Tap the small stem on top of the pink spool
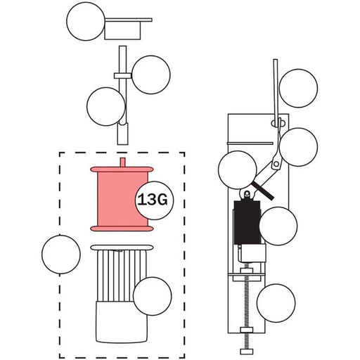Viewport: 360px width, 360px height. click(122, 162)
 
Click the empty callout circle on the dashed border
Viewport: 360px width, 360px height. click(61, 255)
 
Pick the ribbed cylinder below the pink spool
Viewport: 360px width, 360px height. click(122, 276)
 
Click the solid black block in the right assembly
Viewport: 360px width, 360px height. click(247, 222)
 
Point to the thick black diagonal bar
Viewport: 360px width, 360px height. click(262, 191)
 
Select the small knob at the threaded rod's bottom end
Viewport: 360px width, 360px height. click(247, 352)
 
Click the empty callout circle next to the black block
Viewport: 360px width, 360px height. click(278, 226)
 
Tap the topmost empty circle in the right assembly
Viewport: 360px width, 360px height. click(298, 89)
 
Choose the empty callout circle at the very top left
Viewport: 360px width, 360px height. click(86, 21)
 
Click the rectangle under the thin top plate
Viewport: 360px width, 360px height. click(122, 30)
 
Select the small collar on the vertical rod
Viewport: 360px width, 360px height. click(122, 76)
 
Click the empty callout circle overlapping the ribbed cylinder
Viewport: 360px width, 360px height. click(153, 296)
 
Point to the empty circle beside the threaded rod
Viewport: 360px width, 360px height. click(276, 303)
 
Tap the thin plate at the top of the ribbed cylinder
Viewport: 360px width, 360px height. click(122, 247)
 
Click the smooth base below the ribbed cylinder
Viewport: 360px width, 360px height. click(122, 322)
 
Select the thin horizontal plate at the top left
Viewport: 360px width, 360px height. click(129, 20)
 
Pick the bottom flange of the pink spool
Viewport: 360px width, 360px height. click(122, 229)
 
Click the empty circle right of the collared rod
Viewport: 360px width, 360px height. click(151, 75)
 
